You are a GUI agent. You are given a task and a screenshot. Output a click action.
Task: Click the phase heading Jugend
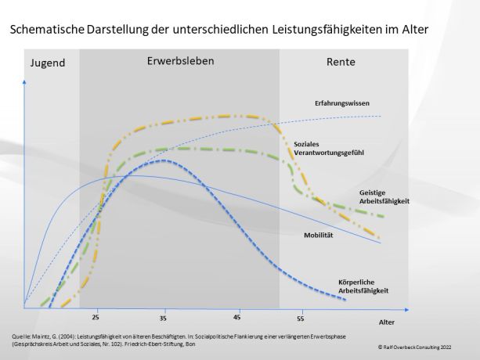point(48,63)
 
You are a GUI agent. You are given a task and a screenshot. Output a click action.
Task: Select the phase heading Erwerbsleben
point(180,60)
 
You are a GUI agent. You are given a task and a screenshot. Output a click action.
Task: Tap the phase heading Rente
point(341,62)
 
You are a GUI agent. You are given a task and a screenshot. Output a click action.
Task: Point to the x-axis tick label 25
point(96,319)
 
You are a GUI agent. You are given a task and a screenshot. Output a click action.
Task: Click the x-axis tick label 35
point(162,319)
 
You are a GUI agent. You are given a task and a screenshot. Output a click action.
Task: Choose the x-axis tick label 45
point(236,319)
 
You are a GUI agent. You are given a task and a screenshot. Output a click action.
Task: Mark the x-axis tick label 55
point(301,319)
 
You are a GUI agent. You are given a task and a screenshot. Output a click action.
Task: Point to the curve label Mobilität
point(318,234)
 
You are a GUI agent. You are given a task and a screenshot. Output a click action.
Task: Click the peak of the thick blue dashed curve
point(162,160)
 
